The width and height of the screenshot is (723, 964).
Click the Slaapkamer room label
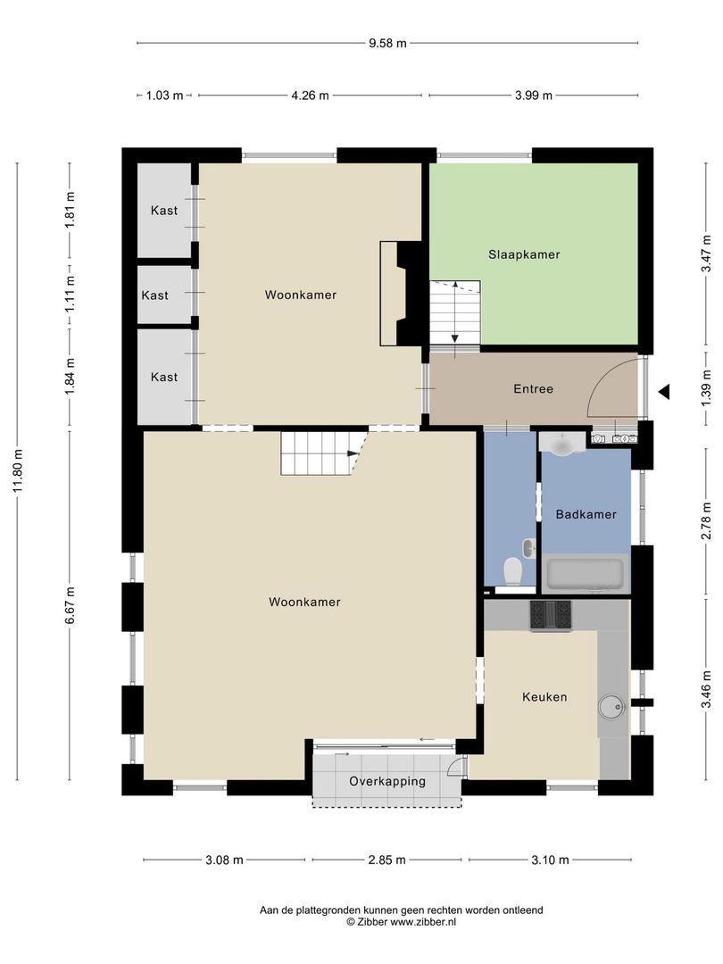coord(524,254)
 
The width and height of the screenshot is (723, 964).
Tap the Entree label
coord(533,389)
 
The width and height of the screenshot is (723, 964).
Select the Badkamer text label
coord(586,514)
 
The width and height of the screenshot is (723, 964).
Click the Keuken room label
coord(544,697)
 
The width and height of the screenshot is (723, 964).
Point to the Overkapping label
coord(387,781)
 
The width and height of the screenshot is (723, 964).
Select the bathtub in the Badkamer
coord(585,573)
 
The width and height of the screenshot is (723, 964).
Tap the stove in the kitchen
coord(551,614)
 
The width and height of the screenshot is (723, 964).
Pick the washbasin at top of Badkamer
coord(562,443)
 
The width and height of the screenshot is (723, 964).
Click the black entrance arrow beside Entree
coord(663,391)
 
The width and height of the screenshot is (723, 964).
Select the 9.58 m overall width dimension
coord(388,43)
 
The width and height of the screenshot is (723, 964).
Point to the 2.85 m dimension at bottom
coord(388,860)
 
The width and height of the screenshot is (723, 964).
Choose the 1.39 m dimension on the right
coord(705,390)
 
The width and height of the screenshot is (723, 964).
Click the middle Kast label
coord(154,295)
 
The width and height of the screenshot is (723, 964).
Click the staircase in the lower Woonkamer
coord(317,453)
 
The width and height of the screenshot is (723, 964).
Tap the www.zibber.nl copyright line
coord(401,921)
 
